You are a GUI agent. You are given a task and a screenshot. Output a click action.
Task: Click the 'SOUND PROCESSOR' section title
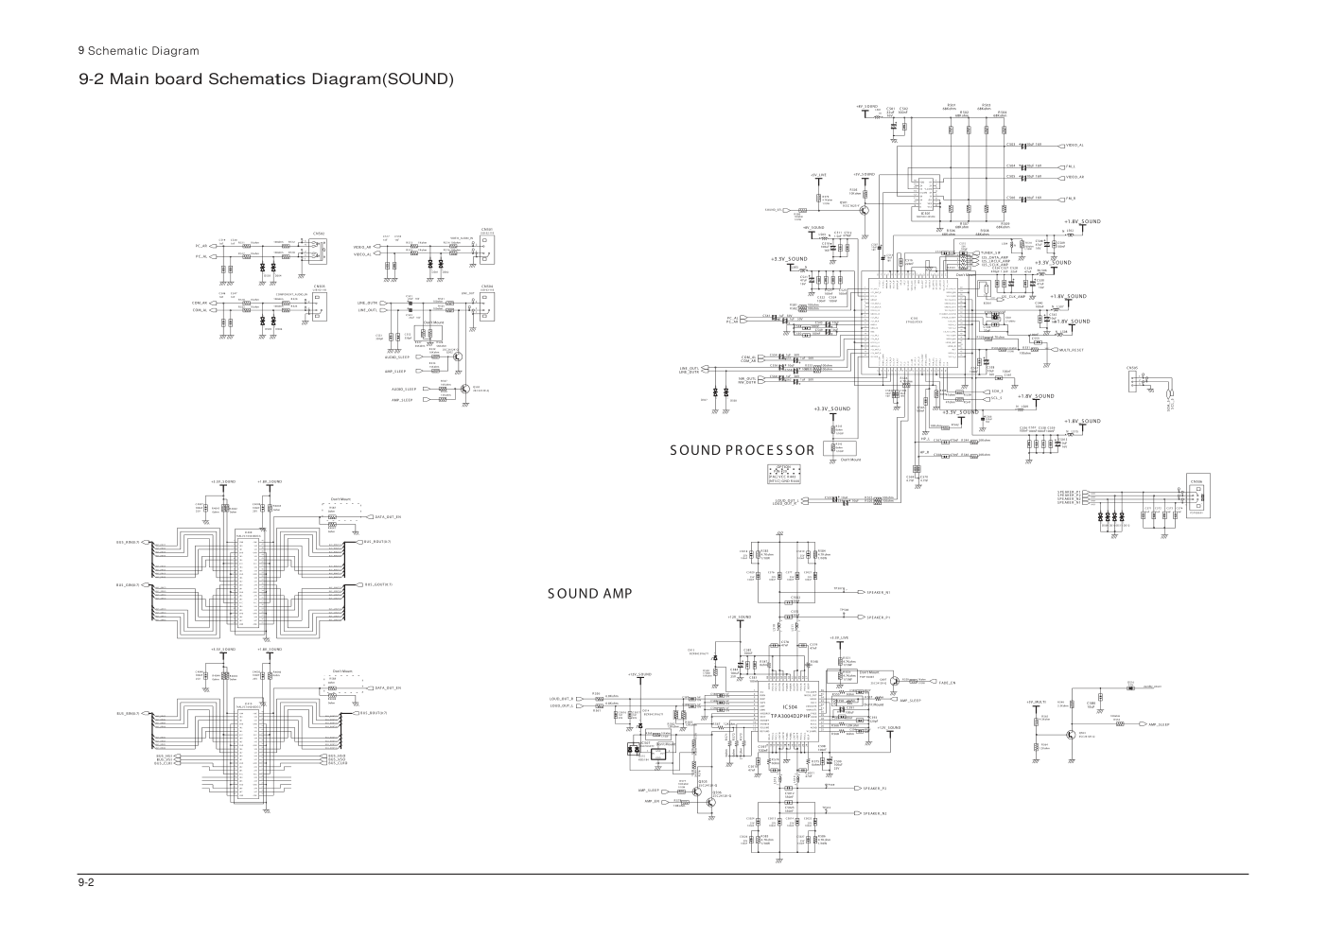(742, 450)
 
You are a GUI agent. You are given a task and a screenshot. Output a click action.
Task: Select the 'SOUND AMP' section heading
(588, 594)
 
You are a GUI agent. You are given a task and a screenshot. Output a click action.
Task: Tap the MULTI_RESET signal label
(1071, 350)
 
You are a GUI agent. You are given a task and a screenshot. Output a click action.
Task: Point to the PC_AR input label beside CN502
(201, 246)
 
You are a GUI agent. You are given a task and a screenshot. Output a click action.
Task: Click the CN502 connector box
(320, 249)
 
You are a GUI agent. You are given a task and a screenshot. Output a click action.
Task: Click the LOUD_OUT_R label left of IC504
(562, 699)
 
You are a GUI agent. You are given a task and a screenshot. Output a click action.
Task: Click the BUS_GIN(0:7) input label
(128, 584)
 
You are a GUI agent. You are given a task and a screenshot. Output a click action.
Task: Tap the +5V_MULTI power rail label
(1036, 702)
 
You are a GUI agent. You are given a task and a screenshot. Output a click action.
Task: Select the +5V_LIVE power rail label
(818, 176)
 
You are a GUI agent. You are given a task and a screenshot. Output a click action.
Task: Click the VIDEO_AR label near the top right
(1075, 177)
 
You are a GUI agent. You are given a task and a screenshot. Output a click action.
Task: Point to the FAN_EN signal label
(947, 682)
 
